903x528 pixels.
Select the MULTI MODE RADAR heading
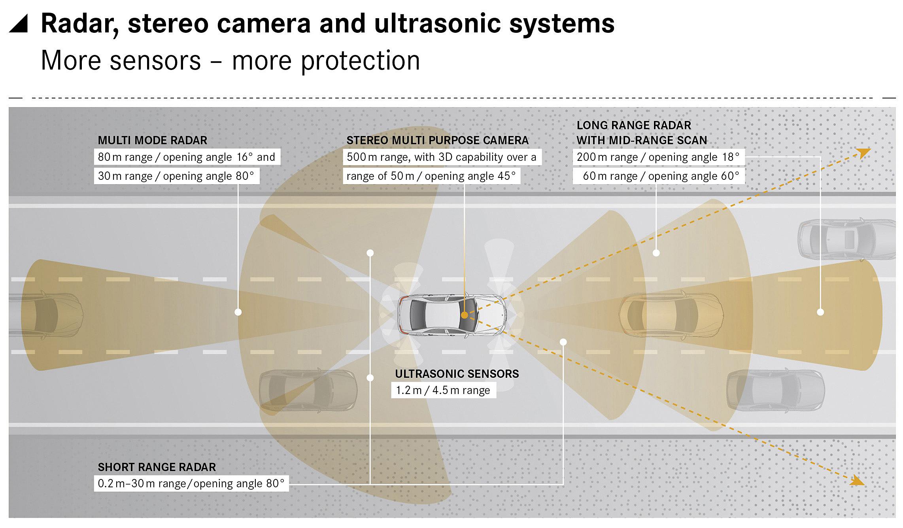[152, 140]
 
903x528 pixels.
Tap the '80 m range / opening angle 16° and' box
[187, 157]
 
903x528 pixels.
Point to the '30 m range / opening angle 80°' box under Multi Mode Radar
[176, 176]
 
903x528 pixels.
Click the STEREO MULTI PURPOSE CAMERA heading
[437, 140]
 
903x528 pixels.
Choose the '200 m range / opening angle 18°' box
[658, 157]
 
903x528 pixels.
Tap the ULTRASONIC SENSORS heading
[457, 374]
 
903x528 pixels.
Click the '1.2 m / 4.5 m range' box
[443, 390]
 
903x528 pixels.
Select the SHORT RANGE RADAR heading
[157, 467]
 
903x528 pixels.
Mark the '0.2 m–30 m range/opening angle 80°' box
[191, 484]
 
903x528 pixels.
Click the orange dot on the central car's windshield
[465, 315]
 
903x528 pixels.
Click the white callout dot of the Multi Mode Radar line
[238, 312]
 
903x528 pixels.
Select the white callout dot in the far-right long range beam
[820, 312]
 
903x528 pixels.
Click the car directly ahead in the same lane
[671, 315]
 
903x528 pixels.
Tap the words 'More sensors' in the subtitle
[121, 60]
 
